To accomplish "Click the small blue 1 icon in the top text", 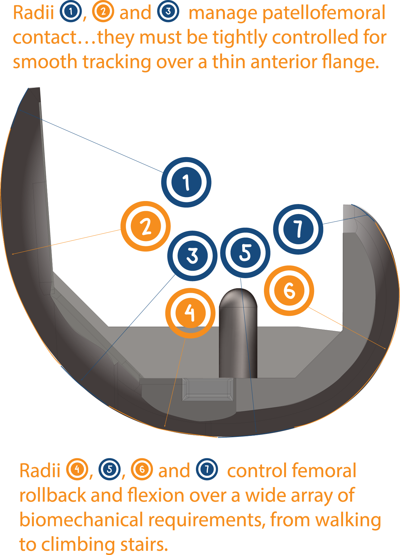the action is (x=71, y=11).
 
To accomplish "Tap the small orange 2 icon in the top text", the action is (x=103, y=11).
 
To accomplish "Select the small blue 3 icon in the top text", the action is (x=168, y=11).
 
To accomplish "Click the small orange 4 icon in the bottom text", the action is (x=77, y=469).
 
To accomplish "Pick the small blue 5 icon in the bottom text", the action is (x=110, y=469).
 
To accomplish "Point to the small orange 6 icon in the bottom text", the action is (x=142, y=469).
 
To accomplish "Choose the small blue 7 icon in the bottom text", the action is (x=207, y=469).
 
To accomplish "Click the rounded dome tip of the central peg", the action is (x=238, y=297).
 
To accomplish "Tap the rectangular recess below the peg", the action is (x=208, y=389).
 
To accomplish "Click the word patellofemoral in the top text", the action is (x=324, y=13).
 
